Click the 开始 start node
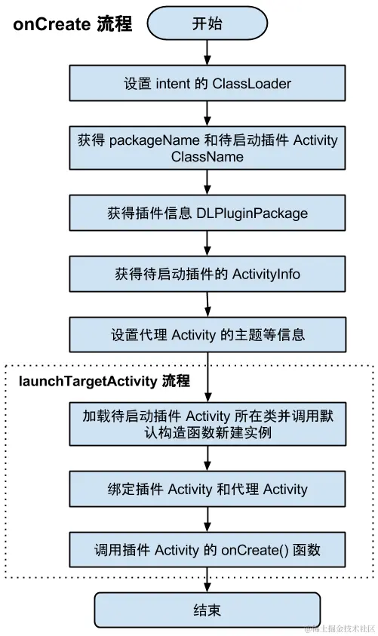(x=207, y=24)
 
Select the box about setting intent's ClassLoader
(x=207, y=83)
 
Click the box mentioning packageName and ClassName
(x=207, y=149)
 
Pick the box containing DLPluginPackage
(x=207, y=214)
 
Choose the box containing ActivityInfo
(x=207, y=274)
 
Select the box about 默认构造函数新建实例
(x=207, y=424)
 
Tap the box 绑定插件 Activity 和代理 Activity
(x=207, y=489)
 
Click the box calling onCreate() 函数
(x=207, y=550)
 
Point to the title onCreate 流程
(x=72, y=24)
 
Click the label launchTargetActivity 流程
(x=104, y=380)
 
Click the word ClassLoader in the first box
(x=250, y=83)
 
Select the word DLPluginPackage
(x=252, y=214)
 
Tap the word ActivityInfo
(x=266, y=274)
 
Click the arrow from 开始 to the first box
(x=207, y=52)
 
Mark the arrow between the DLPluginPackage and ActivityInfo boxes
(x=207, y=244)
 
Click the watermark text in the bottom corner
(x=339, y=628)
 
